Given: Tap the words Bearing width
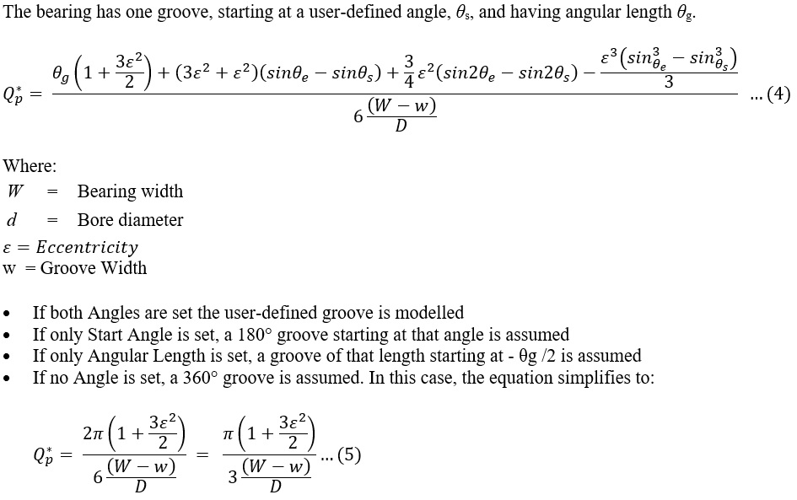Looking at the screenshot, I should [130, 191].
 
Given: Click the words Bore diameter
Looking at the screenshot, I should [130, 220].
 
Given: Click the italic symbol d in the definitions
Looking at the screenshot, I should [12, 220].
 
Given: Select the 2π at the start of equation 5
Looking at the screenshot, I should [94, 433].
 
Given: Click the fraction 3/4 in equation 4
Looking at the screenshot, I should [408, 72].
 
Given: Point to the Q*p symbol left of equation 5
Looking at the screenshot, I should [44, 455].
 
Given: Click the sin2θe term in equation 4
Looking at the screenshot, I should [476, 73].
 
